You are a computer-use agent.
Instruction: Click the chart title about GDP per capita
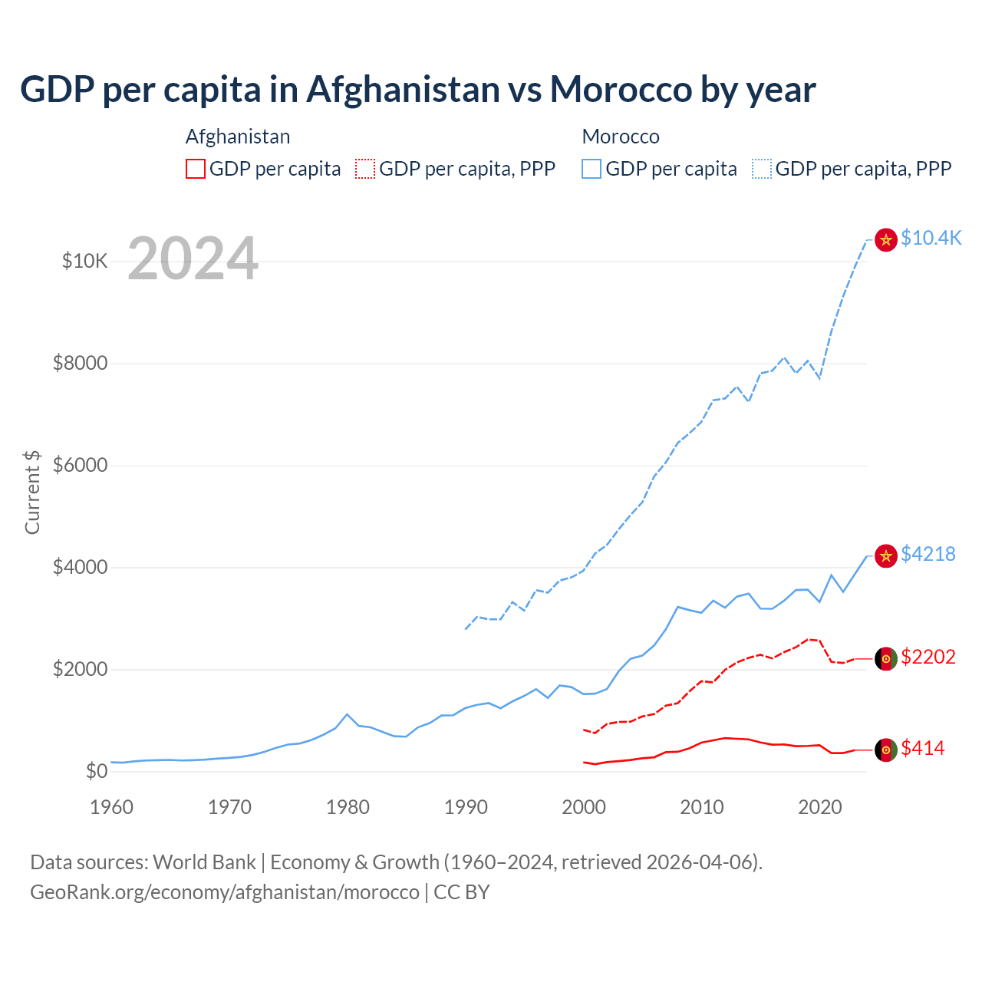[418, 90]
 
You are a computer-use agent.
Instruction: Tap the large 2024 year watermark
[193, 259]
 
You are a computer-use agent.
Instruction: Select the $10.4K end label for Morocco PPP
[931, 238]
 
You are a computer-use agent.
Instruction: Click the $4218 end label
[928, 554]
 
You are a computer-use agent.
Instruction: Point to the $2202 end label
[928, 657]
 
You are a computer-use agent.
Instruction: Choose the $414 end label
[923, 748]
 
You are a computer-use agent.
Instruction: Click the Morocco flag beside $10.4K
[886, 239]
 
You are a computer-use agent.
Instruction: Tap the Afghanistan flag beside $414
[886, 750]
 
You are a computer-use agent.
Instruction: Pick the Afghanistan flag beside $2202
[886, 659]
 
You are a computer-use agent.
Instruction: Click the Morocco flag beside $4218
[886, 555]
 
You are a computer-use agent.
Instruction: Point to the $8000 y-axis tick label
[81, 363]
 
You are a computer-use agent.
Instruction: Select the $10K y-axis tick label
[85, 262]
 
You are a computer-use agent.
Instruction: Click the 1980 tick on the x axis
[348, 807]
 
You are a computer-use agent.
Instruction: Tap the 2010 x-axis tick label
[702, 807]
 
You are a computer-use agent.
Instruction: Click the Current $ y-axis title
[32, 492]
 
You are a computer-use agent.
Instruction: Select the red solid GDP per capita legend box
[196, 169]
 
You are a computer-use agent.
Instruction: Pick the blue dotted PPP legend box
[762, 169]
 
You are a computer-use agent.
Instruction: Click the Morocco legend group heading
[621, 137]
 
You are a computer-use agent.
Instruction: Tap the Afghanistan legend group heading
[238, 137]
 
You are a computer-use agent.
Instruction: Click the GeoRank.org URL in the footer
[225, 892]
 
